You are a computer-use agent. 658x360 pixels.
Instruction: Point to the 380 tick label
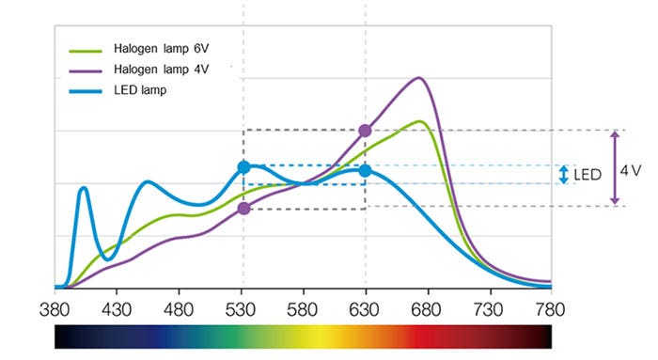tap(55, 307)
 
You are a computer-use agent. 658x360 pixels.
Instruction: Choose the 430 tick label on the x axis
tap(117, 307)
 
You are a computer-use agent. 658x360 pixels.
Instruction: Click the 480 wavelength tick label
tap(179, 307)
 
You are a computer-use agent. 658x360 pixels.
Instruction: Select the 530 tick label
tap(243, 307)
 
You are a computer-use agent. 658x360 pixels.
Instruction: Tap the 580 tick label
tap(303, 307)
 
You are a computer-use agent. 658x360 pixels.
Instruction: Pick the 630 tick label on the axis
tap(365, 307)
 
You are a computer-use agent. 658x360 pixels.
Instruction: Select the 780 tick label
tap(550, 307)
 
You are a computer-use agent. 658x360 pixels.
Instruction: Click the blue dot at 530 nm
tap(243, 167)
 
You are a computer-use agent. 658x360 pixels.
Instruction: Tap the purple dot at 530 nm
tap(243, 208)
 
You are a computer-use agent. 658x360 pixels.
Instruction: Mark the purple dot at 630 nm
tap(365, 131)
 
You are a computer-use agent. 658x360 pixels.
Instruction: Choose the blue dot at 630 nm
tap(365, 170)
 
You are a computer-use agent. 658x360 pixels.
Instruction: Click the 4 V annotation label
tap(630, 170)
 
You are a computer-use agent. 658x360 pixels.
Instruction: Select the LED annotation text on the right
tap(587, 175)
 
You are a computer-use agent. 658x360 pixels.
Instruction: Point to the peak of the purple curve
tap(419, 78)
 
